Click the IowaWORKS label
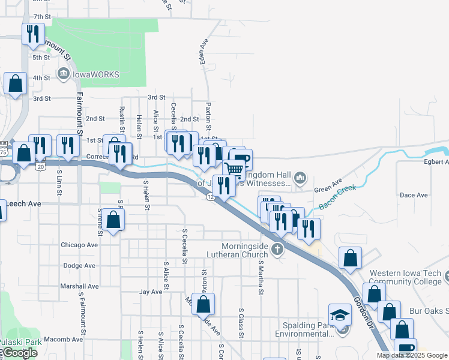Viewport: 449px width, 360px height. (96, 74)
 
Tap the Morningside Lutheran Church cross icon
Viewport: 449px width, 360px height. (277, 249)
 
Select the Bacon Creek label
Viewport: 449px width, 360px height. (337, 197)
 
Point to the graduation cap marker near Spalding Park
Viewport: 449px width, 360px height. (340, 314)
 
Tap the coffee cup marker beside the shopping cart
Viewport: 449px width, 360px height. (241, 160)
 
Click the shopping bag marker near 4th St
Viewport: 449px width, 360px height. (15, 84)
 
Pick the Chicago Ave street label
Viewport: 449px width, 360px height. (79, 245)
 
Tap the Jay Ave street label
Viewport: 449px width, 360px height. (151, 292)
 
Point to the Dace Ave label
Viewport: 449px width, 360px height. (414, 195)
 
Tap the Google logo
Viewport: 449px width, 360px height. (19, 353)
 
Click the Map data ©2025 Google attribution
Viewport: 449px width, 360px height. (412, 355)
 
